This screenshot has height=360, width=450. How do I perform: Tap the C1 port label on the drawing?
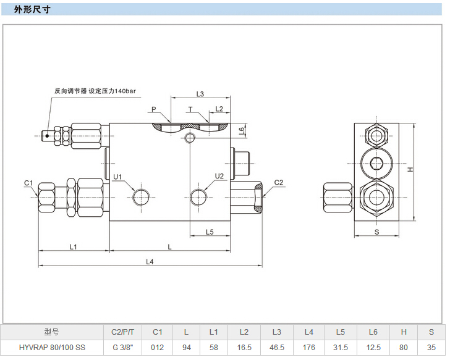click(x=28, y=183)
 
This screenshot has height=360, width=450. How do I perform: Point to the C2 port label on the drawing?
click(x=278, y=182)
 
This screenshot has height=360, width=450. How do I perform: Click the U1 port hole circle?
click(x=141, y=198)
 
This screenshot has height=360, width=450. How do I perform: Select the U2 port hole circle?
click(x=198, y=197)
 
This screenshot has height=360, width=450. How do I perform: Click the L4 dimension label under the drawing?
click(x=150, y=261)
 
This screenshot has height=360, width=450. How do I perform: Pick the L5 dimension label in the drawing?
click(x=209, y=232)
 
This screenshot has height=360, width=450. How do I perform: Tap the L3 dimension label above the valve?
click(x=200, y=94)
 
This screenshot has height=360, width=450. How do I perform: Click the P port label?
click(x=154, y=109)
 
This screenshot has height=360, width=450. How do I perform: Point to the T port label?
click(x=190, y=109)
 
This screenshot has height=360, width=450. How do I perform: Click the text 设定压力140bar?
click(x=112, y=91)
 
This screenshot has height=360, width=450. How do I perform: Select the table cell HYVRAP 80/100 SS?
click(x=52, y=348)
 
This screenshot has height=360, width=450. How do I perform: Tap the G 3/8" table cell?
click(x=122, y=348)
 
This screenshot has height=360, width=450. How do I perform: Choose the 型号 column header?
click(x=52, y=332)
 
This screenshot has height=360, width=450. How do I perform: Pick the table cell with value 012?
click(x=157, y=348)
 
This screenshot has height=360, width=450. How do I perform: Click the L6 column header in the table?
click(x=373, y=332)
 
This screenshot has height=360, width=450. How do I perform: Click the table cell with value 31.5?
click(x=341, y=348)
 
